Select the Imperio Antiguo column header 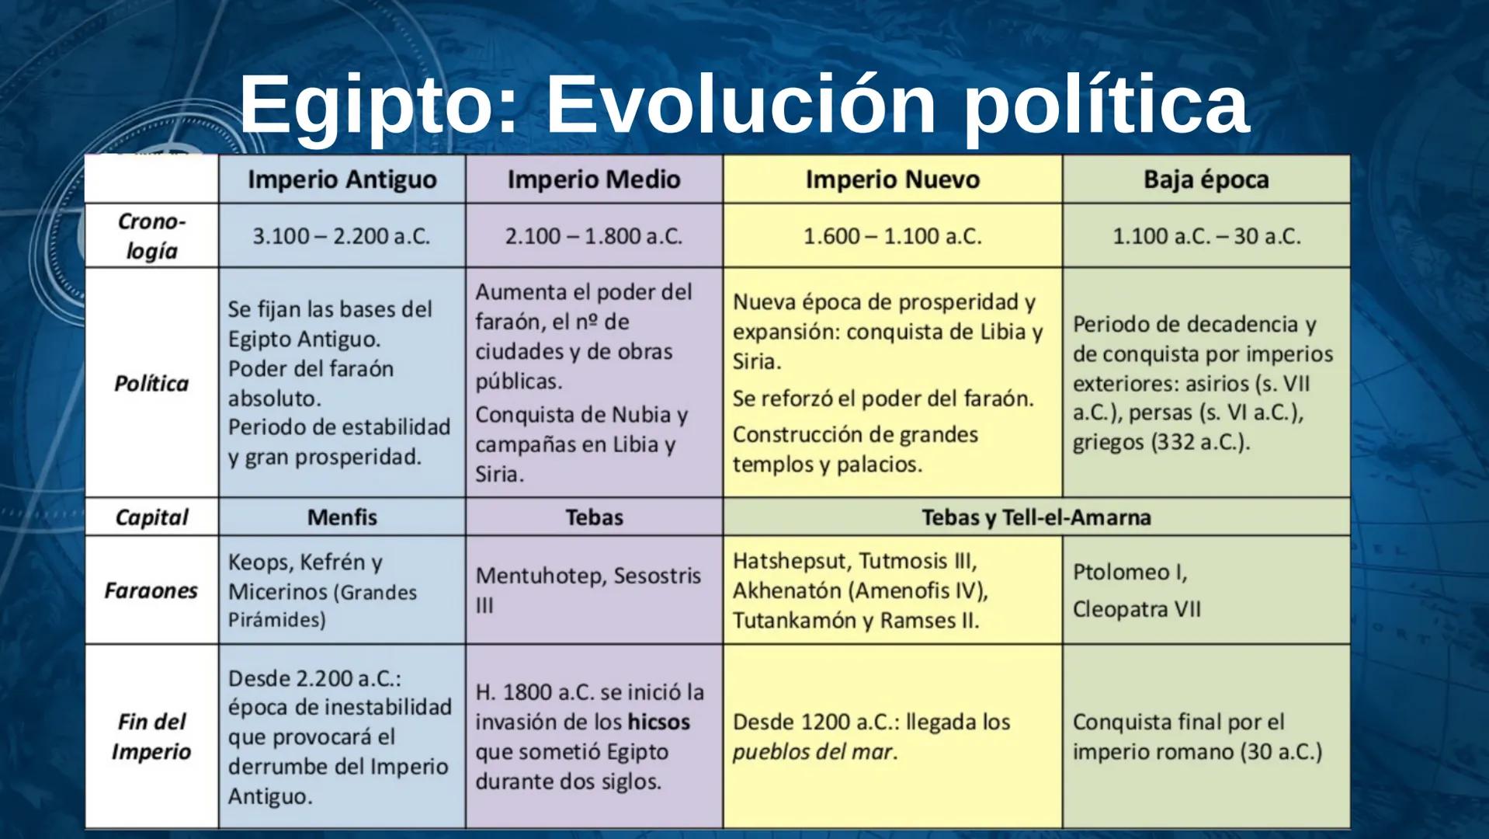coord(342,179)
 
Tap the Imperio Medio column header coord(594,179)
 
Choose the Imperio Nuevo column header coord(892,179)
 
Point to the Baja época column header coord(1206,179)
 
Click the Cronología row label coord(151,235)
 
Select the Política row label coord(151,383)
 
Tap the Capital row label coord(151,517)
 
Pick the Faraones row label coord(151,590)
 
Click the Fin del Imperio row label coord(151,736)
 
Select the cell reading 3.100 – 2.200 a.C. coord(342,235)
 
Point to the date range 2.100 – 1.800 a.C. coord(594,235)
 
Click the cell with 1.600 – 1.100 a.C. coord(892,235)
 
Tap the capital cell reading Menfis coord(342,517)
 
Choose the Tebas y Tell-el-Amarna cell coord(1036,517)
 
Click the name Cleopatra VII coord(1137,609)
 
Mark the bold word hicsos coord(659,722)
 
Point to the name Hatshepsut coord(791,561)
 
